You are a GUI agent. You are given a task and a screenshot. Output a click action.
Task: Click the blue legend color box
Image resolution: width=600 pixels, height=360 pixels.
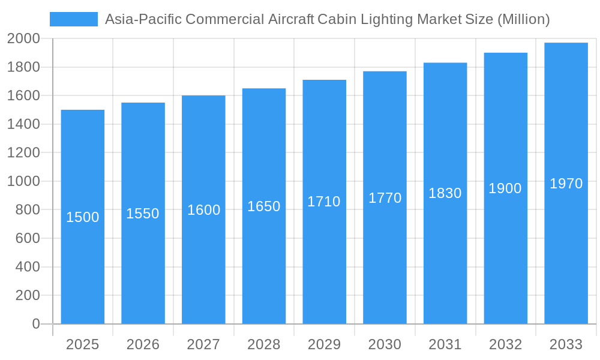click(x=73, y=19)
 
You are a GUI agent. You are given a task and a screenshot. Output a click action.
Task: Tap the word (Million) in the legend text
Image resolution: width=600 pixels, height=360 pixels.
click(x=523, y=19)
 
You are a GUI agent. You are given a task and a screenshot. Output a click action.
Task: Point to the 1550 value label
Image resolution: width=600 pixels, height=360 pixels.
click(x=143, y=214)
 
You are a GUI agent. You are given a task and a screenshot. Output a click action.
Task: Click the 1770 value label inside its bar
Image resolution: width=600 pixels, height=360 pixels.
click(x=385, y=198)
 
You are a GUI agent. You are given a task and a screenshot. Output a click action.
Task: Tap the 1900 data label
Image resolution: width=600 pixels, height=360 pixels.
click(x=505, y=188)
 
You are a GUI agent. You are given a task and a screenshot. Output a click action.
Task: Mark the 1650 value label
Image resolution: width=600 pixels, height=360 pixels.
click(x=264, y=206)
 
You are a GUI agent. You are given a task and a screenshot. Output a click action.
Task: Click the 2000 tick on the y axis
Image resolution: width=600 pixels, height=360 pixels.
click(x=23, y=39)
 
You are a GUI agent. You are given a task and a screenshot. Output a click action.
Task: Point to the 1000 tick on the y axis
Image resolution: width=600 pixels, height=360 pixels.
click(x=23, y=181)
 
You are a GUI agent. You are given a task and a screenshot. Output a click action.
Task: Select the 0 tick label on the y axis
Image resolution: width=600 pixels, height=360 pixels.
click(x=35, y=324)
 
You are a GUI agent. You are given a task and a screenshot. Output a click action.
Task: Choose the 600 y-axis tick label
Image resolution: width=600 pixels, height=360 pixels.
click(x=28, y=238)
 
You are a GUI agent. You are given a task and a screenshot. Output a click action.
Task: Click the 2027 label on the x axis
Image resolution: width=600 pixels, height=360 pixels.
click(x=203, y=344)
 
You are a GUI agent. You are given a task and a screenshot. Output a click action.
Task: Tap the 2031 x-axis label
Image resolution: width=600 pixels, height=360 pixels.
click(x=445, y=344)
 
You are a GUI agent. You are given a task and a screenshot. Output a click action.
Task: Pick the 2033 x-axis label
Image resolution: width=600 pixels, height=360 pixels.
click(x=566, y=344)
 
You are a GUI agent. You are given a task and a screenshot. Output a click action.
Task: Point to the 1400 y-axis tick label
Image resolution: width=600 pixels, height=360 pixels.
click(x=23, y=124)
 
